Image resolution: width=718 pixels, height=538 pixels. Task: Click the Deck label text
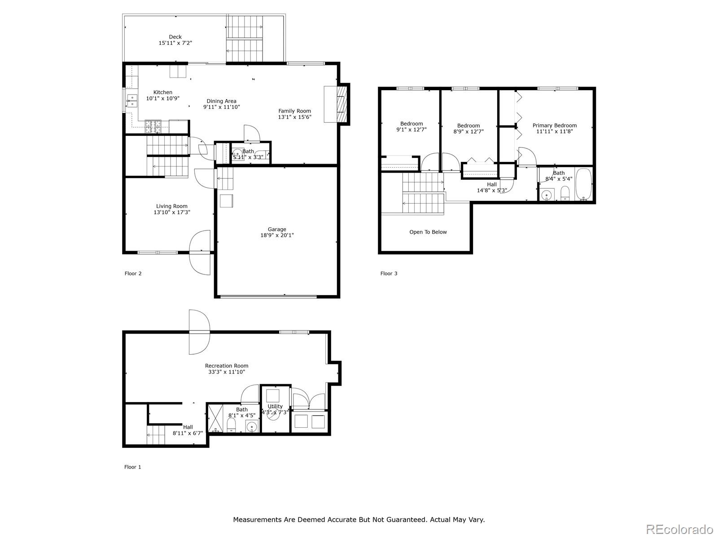click(x=175, y=37)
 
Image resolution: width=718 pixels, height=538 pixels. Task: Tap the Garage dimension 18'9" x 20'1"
click(x=277, y=235)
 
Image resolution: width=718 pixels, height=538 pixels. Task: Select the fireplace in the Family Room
click(x=342, y=104)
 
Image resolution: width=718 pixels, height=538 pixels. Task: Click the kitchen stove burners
click(x=152, y=126)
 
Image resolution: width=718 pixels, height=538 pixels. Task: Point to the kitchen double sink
click(x=131, y=101)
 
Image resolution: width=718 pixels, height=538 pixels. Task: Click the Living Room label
click(x=172, y=206)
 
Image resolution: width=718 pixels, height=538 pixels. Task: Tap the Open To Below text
click(x=428, y=232)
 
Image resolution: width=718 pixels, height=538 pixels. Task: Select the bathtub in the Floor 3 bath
click(x=584, y=184)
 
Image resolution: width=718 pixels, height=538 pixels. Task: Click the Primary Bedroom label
click(x=554, y=126)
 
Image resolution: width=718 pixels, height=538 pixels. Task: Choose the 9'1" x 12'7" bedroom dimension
click(x=411, y=130)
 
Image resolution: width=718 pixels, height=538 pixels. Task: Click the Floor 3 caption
click(x=389, y=273)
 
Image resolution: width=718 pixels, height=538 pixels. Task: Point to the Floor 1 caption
click(x=132, y=467)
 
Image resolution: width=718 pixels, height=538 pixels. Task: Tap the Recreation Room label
click(x=226, y=366)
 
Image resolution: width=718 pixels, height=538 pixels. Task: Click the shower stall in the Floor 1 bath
click(x=215, y=419)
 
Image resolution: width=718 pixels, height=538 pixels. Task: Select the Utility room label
click(x=275, y=406)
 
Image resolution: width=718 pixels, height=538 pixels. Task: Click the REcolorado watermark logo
click(x=680, y=529)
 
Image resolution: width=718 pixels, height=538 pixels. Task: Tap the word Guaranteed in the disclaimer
click(x=405, y=520)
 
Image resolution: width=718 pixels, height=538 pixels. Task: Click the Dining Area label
click(x=221, y=101)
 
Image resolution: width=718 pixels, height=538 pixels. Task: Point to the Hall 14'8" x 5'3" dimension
click(x=491, y=191)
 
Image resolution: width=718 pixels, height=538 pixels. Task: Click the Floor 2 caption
click(x=133, y=273)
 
